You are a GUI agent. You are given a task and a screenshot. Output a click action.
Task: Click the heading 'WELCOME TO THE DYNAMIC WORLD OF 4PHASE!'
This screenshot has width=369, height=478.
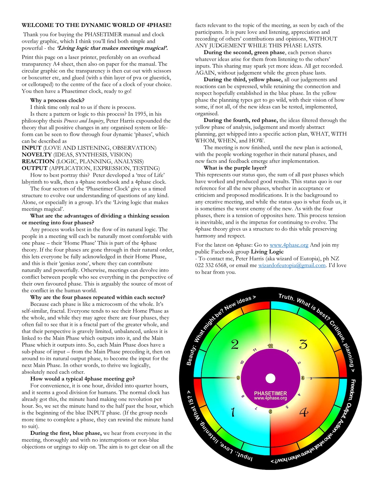pos(96,25)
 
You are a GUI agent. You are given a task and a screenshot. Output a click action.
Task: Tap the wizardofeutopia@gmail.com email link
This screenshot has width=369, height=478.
pos(292,265)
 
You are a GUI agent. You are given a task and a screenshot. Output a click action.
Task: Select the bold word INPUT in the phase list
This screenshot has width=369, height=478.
pos(31,148)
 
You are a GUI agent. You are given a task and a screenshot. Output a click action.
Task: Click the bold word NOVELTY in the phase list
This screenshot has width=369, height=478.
pos(37,155)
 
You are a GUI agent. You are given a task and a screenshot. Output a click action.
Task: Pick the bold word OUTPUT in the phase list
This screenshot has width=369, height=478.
pos(34,168)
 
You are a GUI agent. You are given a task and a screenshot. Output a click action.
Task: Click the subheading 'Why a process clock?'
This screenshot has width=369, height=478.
pos(57,100)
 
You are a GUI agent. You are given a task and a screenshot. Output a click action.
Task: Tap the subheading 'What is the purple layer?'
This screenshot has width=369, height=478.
pos(235,168)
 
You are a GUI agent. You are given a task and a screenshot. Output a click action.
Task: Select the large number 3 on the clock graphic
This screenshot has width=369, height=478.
pos(303,344)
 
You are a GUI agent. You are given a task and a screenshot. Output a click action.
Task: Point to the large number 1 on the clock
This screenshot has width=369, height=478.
pos(233,412)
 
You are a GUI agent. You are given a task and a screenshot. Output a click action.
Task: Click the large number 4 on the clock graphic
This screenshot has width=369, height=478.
pos(304,412)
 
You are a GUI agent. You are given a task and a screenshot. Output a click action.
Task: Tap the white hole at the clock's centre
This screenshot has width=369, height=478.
pos(270,378)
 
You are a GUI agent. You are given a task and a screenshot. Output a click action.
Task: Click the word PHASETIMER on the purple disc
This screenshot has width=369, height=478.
pos(270,393)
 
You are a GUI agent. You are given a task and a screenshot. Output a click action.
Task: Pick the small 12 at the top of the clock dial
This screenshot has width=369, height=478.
pos(270,346)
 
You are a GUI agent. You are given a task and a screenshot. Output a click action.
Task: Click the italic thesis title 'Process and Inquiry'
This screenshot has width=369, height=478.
pos(84,121)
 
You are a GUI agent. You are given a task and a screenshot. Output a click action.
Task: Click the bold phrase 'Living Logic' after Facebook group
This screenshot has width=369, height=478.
pos(267,252)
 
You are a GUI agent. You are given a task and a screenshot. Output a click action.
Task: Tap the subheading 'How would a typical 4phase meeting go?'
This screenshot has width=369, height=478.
pos(82,379)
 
